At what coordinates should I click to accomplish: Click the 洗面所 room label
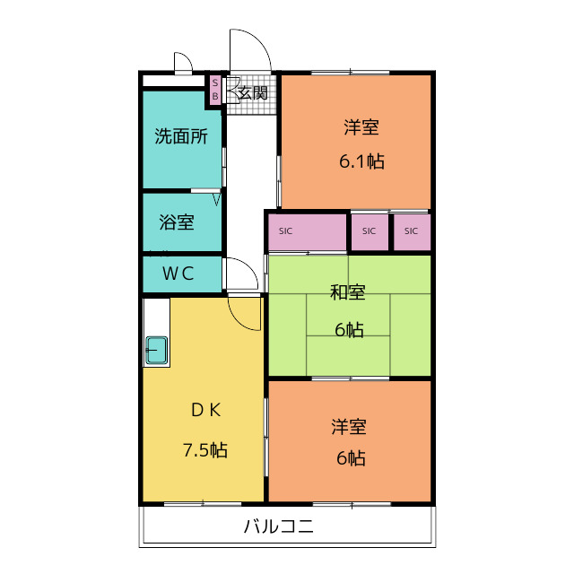[x=181, y=136]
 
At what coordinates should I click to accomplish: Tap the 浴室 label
[x=177, y=222]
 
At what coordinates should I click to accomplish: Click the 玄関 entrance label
[x=253, y=92]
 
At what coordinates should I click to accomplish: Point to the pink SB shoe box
[x=215, y=90]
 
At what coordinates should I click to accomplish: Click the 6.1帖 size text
[x=361, y=161]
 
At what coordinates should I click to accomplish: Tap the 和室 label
[x=347, y=292]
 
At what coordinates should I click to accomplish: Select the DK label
[x=205, y=410]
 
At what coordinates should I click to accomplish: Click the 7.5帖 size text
[x=205, y=450]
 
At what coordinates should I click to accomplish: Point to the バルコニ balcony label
[x=279, y=526]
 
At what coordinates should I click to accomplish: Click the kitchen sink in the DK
[x=156, y=350]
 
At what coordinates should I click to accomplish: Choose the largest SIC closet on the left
[x=307, y=231]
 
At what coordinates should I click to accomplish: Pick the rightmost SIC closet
[x=412, y=231]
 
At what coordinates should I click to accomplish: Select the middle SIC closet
[x=369, y=231]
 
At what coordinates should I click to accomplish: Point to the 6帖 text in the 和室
[x=349, y=329]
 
